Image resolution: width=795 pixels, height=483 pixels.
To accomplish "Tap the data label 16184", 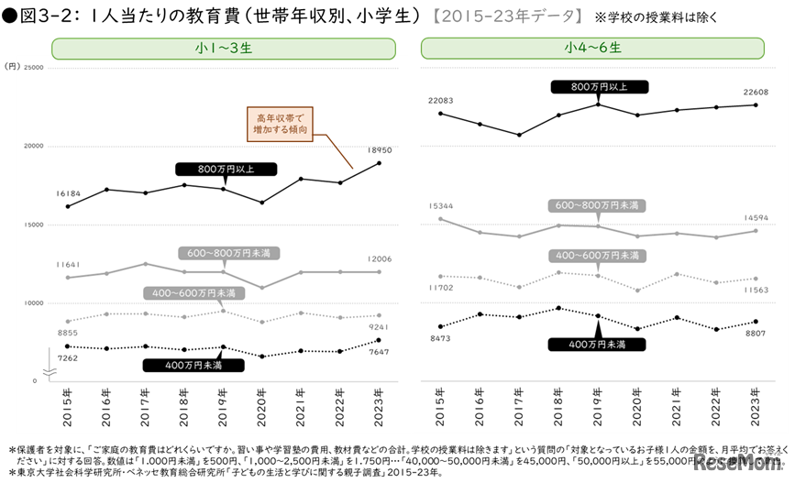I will [x=69, y=194].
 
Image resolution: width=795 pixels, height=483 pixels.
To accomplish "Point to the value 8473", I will [x=441, y=339].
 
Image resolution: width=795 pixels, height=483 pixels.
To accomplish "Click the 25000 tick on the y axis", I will [x=33, y=67].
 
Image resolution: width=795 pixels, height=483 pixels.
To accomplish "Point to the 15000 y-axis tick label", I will [x=33, y=225].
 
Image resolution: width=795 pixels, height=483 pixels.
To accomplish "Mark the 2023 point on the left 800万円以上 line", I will [x=380, y=163].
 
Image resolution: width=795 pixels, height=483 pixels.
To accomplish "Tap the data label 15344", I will [x=440, y=206].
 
